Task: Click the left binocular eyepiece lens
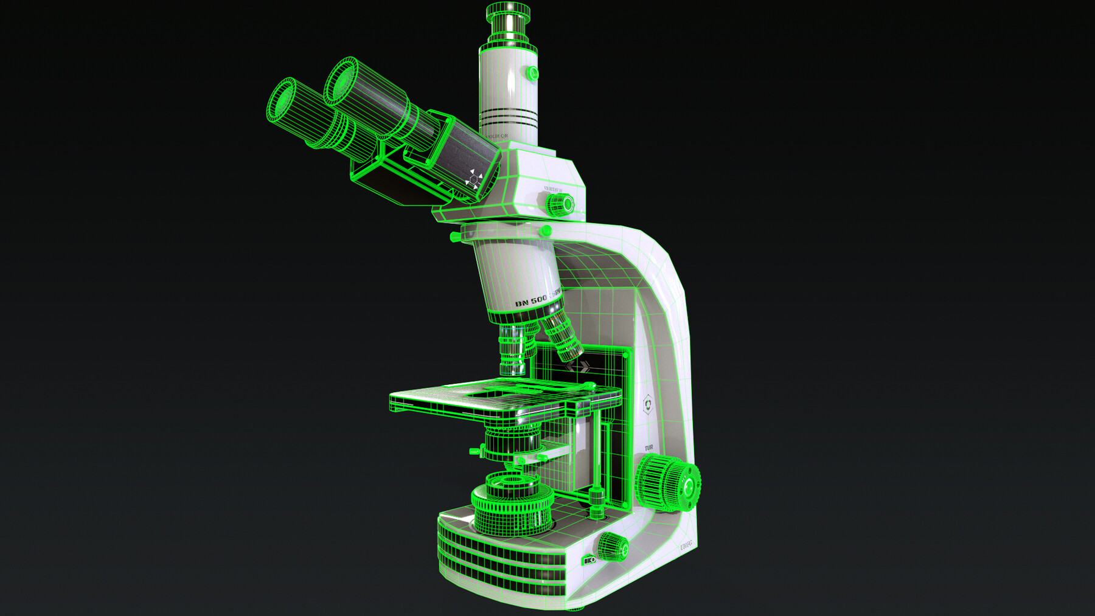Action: (282, 101)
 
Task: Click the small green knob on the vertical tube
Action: (532, 74)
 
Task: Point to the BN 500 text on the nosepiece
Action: (531, 301)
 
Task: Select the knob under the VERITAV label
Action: (558, 204)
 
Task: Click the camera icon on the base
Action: (589, 560)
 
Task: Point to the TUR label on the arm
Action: (648, 448)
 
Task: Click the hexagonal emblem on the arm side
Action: (648, 404)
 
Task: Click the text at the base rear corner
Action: (686, 546)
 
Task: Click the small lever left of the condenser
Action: (475, 451)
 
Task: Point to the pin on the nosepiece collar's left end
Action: (454, 236)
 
